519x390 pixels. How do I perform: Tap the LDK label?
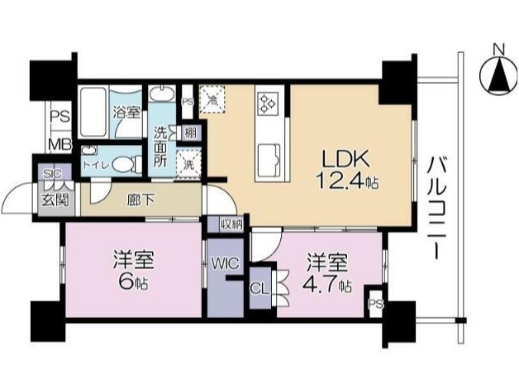334,158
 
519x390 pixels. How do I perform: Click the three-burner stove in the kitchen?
269,105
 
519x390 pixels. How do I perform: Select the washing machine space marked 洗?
189,161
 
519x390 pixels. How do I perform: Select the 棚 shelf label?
191,132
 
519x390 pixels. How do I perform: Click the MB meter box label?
59,145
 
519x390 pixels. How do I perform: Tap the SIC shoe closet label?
50,174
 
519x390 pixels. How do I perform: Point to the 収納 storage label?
231,224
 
